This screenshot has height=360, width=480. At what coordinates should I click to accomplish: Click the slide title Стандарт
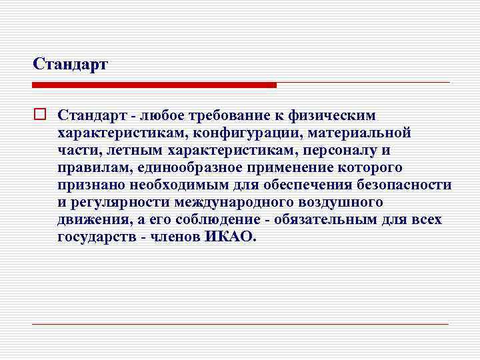point(70,65)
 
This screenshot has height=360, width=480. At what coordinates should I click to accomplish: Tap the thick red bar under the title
point(154,85)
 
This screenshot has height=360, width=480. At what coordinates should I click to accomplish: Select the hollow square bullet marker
point(39,115)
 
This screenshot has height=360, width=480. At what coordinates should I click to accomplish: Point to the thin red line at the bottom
point(240,323)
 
